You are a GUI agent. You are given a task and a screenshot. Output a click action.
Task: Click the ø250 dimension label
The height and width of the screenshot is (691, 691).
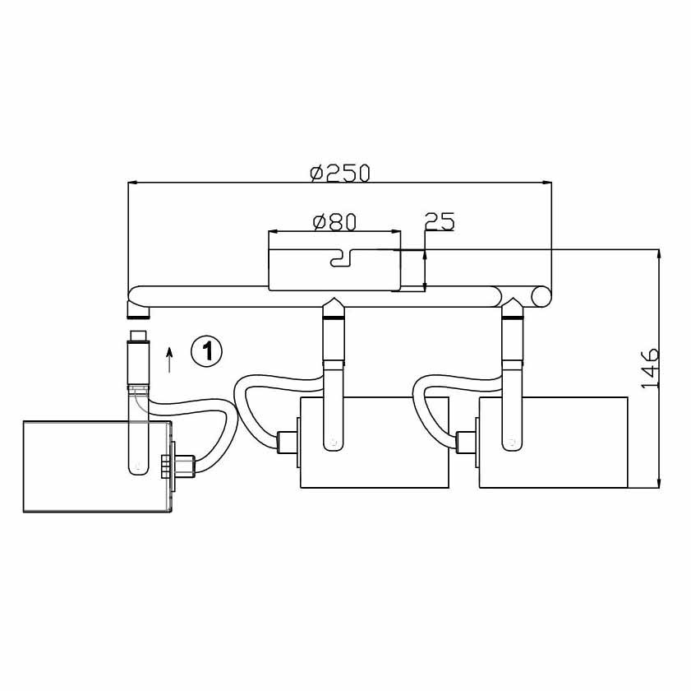tap(340, 173)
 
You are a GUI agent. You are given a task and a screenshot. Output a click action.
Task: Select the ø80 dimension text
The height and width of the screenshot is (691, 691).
tap(334, 222)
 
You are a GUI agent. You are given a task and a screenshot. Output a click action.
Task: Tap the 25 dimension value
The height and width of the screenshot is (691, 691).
tap(440, 221)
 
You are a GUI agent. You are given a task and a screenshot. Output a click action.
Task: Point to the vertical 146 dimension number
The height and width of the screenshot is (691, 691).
tap(650, 369)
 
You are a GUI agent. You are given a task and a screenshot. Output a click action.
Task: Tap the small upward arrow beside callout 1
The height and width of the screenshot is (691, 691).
tap(169, 359)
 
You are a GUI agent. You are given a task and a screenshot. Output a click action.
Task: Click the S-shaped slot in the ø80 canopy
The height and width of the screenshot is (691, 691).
tap(341, 258)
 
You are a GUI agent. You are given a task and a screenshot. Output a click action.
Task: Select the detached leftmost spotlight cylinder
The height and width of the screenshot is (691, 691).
tap(97, 467)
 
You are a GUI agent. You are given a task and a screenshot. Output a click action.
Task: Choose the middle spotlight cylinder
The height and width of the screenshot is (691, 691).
tap(374, 442)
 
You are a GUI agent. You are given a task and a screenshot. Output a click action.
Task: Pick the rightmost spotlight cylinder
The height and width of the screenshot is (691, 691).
tap(554, 442)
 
